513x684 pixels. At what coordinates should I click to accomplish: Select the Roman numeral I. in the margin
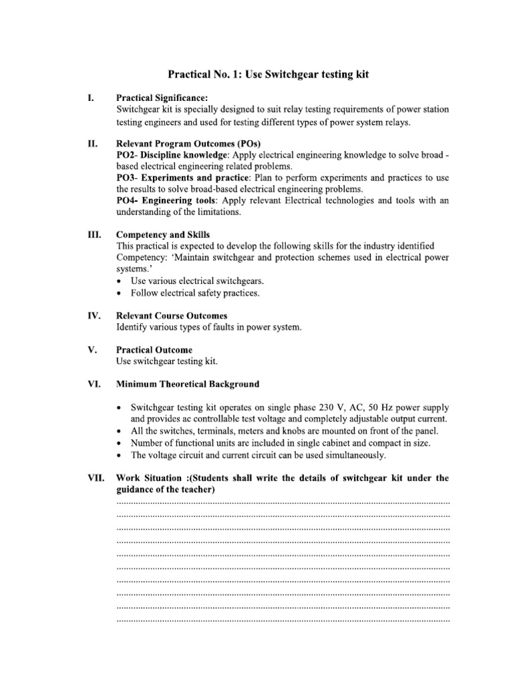click(x=90, y=98)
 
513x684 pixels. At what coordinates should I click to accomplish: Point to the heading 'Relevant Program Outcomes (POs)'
click(x=188, y=144)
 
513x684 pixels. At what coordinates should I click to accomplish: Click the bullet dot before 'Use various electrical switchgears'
click(x=119, y=281)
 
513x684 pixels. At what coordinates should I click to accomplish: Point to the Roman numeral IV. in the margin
click(x=92, y=316)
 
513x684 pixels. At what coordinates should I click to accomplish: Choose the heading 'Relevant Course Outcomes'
click(x=172, y=316)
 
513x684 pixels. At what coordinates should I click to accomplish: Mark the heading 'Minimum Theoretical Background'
click(x=188, y=384)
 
